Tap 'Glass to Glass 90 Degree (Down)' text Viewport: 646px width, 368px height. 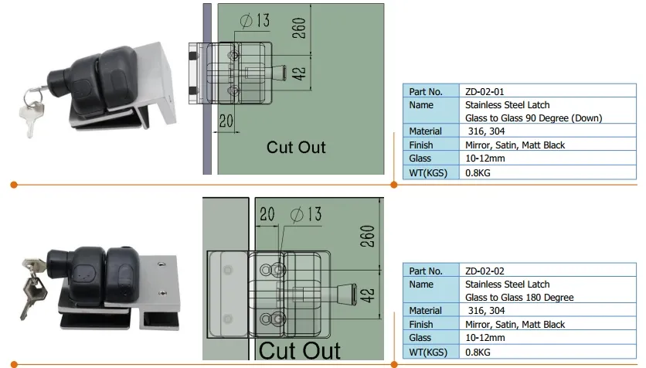coord(533,118)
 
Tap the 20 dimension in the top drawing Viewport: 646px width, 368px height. coord(226,121)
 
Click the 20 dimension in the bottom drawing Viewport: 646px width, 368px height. coord(267,214)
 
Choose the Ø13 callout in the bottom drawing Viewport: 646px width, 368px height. coord(306,214)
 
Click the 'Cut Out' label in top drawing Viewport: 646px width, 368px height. coord(296,147)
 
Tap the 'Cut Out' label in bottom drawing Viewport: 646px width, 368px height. coord(299,350)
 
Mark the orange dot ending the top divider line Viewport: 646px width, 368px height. coord(13,184)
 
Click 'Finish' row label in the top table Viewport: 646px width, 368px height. coord(421,145)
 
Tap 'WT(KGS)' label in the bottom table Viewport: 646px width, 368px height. coord(426,351)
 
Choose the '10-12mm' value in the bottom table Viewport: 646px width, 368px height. coord(484,338)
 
